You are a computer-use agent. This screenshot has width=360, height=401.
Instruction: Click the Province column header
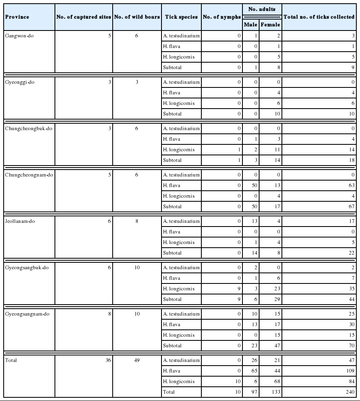pyautogui.click(x=17, y=17)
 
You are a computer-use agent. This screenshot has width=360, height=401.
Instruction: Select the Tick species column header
pyautogui.click(x=181, y=17)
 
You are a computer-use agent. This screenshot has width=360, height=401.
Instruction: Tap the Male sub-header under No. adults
pyautogui.click(x=251, y=25)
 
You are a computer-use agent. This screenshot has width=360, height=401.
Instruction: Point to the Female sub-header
pyautogui.click(x=270, y=25)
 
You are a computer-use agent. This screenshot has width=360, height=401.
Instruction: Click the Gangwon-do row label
pyautogui.click(x=20, y=36)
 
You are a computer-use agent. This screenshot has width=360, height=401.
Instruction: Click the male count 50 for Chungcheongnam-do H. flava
pyautogui.click(x=255, y=185)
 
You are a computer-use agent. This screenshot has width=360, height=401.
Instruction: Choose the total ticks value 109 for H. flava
pyautogui.click(x=350, y=371)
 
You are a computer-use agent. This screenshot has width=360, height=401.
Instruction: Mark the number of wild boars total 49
pyautogui.click(x=136, y=360)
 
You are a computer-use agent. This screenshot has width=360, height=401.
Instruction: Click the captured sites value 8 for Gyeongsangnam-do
pyautogui.click(x=109, y=314)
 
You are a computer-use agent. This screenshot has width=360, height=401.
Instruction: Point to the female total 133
pyautogui.click(x=275, y=392)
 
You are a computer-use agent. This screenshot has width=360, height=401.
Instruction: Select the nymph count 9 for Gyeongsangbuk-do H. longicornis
pyautogui.click(x=239, y=289)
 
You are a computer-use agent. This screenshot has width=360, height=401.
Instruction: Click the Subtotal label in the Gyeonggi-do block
pyautogui.click(x=172, y=114)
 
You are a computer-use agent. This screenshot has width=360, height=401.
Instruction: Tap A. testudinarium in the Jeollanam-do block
pyautogui.click(x=181, y=221)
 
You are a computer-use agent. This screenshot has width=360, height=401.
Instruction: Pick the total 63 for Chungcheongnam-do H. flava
pyautogui.click(x=351, y=185)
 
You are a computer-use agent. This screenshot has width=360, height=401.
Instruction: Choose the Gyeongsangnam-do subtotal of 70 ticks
pyautogui.click(x=351, y=346)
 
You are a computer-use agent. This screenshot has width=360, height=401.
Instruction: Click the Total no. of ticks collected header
pyautogui.click(x=319, y=17)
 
